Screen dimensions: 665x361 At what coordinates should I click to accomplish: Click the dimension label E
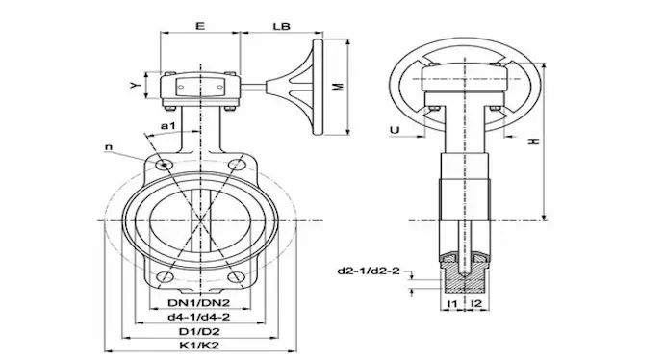pos(200,26)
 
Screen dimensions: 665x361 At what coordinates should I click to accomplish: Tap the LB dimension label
pos(281,26)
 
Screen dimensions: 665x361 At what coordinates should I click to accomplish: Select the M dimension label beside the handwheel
pos(338,87)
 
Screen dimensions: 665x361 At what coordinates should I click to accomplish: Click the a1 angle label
pos(168,125)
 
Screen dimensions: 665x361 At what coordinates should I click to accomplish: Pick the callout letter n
pos(109,147)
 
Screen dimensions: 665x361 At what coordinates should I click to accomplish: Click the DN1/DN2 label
pos(199,303)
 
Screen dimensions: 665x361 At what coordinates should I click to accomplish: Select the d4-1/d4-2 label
pos(199,317)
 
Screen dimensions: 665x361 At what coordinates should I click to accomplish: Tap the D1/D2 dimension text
pos(199,331)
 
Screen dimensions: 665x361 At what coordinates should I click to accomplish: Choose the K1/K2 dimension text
pos(199,345)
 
